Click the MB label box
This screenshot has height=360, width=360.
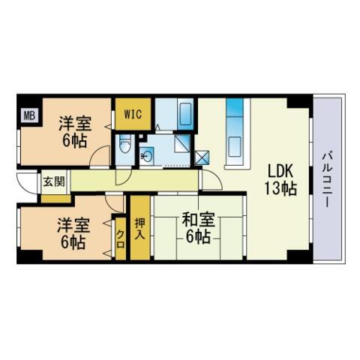coord(28,115)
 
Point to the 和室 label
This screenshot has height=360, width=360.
coord(199,220)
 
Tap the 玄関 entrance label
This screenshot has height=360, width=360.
coord(52,181)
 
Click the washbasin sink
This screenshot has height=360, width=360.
coord(146,156)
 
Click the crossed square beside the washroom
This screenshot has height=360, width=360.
coord(202,157)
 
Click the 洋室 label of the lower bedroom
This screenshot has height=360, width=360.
coord(73,224)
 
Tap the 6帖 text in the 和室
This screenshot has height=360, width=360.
coord(199,237)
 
